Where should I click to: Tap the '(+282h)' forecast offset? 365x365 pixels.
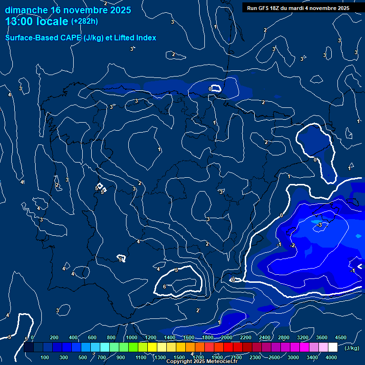85,21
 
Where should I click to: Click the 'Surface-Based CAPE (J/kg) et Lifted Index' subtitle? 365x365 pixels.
81,38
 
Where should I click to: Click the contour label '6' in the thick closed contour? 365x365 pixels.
164,287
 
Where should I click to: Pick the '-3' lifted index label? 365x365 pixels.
320,224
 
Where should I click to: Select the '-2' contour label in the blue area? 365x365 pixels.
293,245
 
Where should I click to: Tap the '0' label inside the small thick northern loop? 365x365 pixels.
210,89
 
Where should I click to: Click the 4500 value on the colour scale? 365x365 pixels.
341,337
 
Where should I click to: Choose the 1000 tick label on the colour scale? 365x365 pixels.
131,337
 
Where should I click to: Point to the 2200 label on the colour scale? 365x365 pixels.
245,337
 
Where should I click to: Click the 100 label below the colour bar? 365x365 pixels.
45,357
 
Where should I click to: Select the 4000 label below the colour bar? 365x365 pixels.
331,357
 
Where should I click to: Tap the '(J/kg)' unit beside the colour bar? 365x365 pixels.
352,348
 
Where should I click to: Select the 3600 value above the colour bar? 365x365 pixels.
321,337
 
